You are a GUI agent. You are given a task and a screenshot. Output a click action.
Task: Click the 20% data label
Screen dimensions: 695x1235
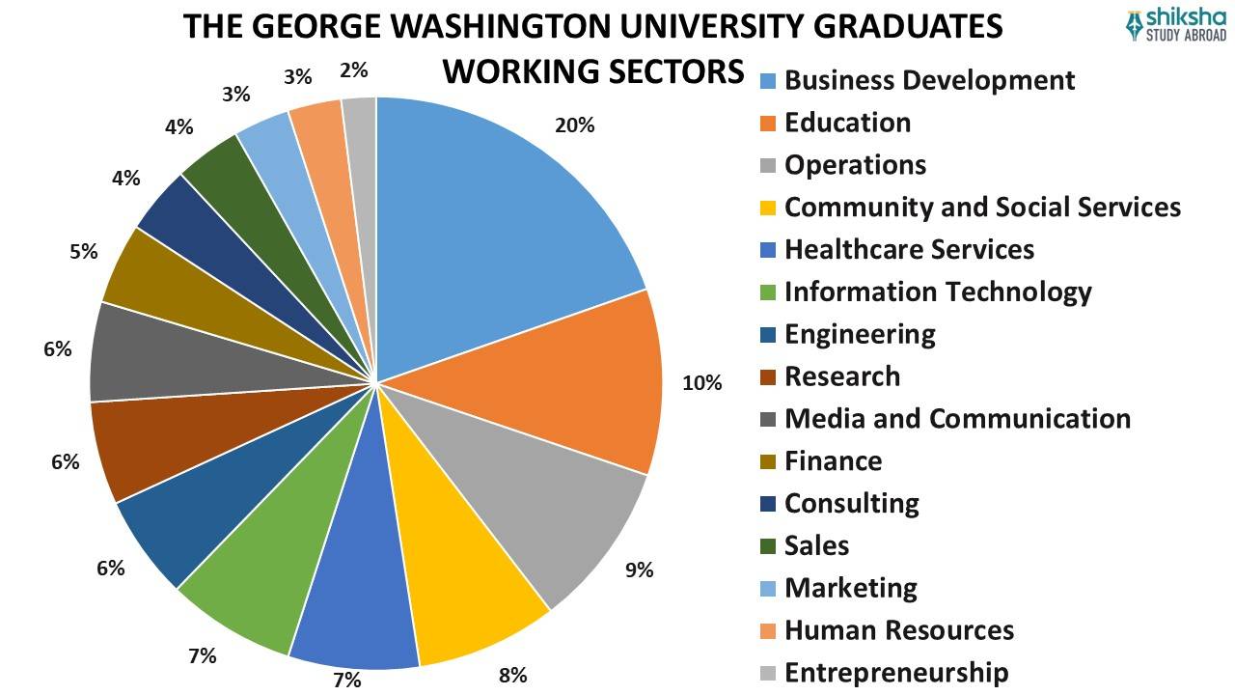coord(574,125)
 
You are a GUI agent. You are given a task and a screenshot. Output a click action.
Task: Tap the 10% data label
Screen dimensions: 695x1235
coord(701,383)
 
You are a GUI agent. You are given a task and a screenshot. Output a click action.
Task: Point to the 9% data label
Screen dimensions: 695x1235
coord(639,570)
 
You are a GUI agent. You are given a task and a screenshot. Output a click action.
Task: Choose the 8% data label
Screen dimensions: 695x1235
coord(512,675)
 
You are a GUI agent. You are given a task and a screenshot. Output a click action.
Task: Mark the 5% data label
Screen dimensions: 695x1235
coord(84,252)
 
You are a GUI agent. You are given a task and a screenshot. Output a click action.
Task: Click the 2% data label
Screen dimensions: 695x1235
coord(354,70)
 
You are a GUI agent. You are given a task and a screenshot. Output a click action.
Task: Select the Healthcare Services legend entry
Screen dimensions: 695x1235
coord(909,249)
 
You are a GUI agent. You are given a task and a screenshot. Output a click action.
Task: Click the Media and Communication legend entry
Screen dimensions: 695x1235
coord(957,418)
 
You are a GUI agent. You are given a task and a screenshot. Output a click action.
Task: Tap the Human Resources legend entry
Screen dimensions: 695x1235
coord(898,630)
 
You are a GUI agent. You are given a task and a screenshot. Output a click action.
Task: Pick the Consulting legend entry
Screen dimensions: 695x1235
coord(851,503)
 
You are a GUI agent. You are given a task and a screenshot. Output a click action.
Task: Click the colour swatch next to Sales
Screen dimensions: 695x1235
coord(768,545)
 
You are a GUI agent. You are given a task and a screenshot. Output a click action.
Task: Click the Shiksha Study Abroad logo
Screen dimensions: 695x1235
coord(1176,25)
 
